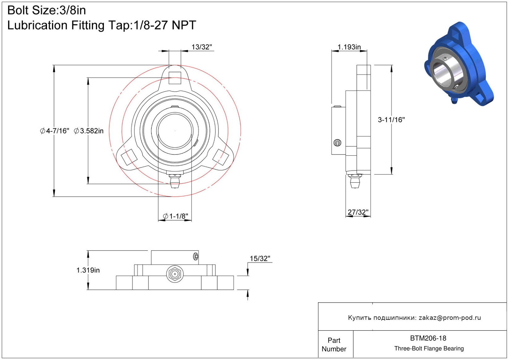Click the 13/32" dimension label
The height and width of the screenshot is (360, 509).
tap(201, 47)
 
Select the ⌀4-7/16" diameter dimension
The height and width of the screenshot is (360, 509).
tap(55, 131)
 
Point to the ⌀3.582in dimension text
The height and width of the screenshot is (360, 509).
tap(89, 131)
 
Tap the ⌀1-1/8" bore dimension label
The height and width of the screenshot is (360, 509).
tap(176, 216)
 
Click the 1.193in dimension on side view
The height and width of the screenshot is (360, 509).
tap(349, 47)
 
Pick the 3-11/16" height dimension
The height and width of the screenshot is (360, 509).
tap(391, 120)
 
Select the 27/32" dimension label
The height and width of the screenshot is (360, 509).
tap(358, 212)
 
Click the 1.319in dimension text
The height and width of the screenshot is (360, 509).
tap(88, 270)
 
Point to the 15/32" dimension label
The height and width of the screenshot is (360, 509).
tap(260, 259)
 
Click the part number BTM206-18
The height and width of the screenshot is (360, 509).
tap(428, 338)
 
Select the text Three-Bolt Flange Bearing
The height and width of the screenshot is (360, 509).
tap(429, 349)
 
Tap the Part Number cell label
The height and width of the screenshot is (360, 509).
tap(334, 345)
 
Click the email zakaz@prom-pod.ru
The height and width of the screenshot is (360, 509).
tap(450, 318)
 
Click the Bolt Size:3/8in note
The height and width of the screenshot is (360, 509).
tap(47, 11)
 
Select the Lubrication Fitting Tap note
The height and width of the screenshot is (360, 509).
tap(102, 25)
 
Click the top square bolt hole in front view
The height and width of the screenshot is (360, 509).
tap(175, 78)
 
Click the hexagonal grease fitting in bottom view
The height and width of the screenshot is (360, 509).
tap(175, 274)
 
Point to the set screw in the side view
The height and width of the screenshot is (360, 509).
tap(337, 143)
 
